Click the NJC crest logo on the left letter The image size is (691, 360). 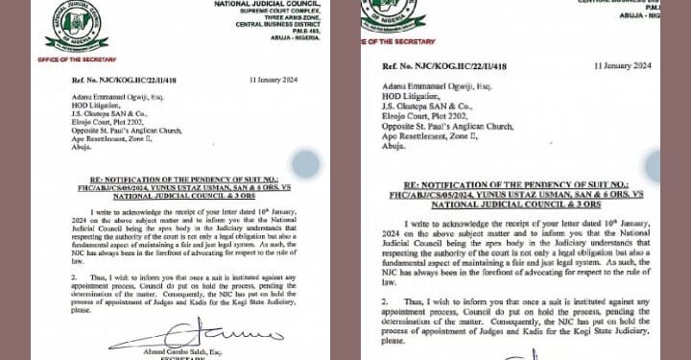click(76, 28)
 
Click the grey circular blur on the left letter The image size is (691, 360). click(305, 164)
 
